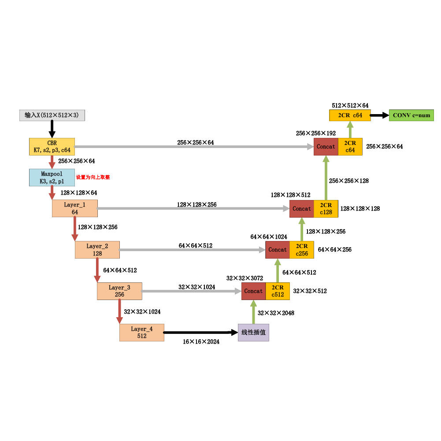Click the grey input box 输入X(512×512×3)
coord(52,115)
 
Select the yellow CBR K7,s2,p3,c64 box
coord(52,146)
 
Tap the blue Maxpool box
coord(52,178)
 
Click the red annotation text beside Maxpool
coord(93,177)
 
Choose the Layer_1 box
coord(74,208)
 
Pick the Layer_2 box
coord(97,250)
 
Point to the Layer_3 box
coord(119,291)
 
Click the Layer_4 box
coord(141,332)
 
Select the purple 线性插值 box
coord(253,332)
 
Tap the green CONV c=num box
coord(411,115)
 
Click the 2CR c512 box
coord(278,291)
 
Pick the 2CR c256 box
coord(302,250)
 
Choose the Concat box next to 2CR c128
coord(302,209)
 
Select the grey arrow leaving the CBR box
coord(194,147)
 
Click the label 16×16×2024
coord(201,341)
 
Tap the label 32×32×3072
coord(245,278)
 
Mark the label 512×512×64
coord(350,105)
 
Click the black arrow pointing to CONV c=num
coord(379,115)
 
